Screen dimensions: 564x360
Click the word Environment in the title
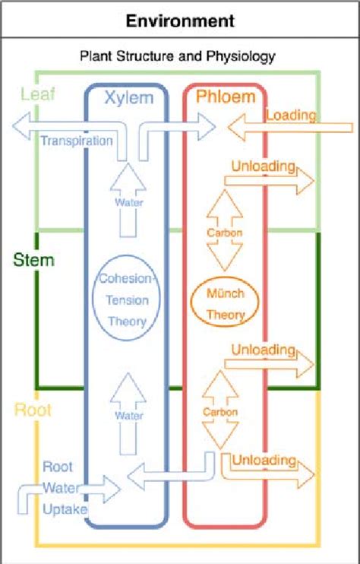[180, 20]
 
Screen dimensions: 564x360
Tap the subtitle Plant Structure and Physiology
[177, 55]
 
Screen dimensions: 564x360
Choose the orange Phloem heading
[226, 97]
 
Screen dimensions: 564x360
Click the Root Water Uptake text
[57, 488]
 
